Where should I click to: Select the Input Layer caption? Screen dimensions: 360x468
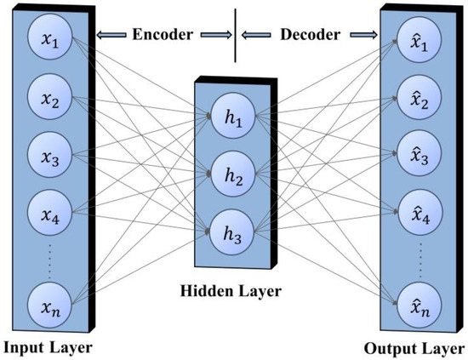tap(46, 347)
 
